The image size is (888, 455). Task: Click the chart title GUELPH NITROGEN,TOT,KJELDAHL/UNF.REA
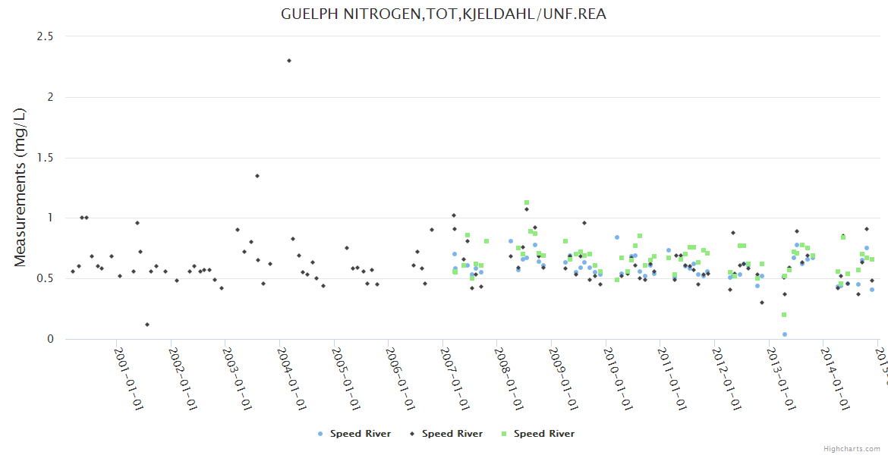[x=443, y=14]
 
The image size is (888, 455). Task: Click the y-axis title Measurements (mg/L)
[x=20, y=187]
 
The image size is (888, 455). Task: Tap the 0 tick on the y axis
[x=51, y=339]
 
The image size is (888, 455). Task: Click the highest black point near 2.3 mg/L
[x=289, y=61]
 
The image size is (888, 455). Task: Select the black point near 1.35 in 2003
[x=257, y=176]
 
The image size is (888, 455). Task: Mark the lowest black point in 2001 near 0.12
[x=147, y=325]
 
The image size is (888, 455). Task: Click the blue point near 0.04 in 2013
[x=785, y=334]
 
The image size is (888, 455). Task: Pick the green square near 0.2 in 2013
[x=784, y=315]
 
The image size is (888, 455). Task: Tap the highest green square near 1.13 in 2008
[x=527, y=202]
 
